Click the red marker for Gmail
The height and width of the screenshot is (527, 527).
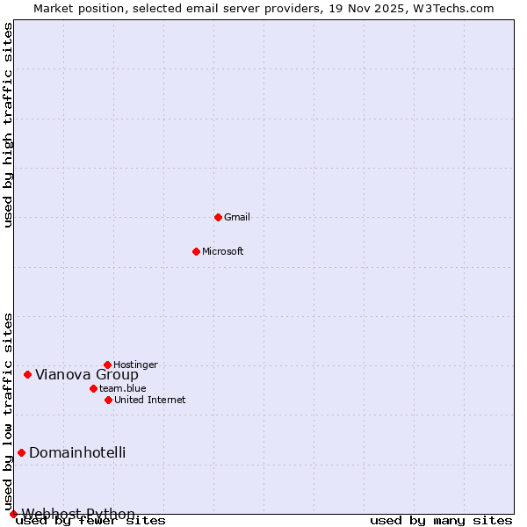(218, 217)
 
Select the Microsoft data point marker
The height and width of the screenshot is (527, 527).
(196, 251)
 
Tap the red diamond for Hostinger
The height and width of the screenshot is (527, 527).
(107, 365)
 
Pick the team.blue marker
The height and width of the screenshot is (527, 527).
(93, 388)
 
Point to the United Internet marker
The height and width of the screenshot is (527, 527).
(108, 400)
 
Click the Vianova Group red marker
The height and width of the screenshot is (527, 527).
(27, 374)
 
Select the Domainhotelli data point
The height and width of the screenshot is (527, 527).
(21, 452)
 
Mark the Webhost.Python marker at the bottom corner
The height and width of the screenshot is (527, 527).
(13, 514)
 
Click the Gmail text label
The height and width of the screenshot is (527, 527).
(237, 217)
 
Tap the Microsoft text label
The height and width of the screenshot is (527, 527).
(222, 251)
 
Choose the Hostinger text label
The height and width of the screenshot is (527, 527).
(135, 365)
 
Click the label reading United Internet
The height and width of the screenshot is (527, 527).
(149, 400)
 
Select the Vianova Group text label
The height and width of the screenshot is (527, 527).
(86, 374)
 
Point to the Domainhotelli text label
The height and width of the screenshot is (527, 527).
(77, 452)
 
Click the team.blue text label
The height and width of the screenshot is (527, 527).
(122, 388)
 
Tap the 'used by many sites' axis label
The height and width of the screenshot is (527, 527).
(441, 520)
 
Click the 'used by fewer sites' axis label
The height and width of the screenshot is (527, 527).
(90, 520)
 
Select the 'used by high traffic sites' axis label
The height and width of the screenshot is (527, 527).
(8, 125)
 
